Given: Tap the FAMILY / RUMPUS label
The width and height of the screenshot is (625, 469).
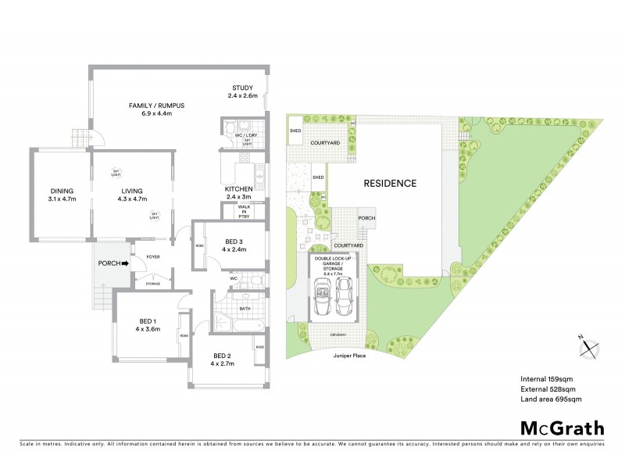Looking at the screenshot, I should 156,106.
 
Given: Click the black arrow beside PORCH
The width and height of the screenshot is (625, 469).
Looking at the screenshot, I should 125,263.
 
